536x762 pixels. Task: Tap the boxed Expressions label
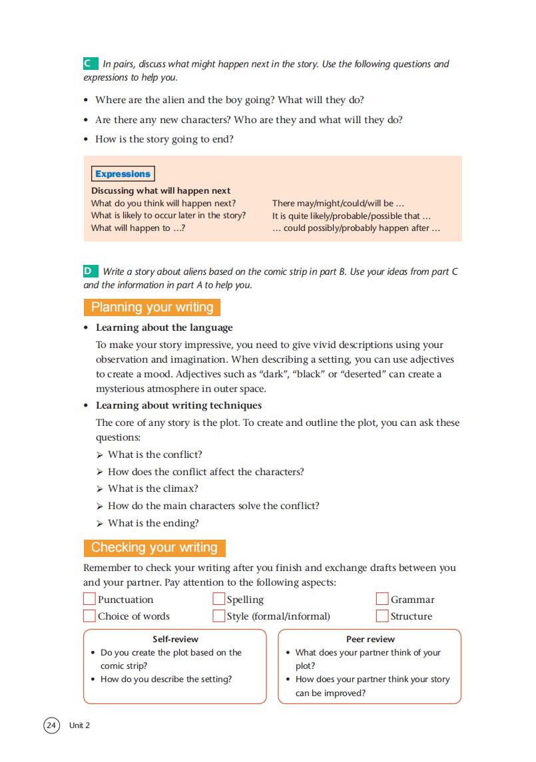[x=123, y=174]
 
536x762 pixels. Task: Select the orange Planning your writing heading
[x=152, y=307]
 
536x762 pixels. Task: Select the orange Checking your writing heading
[x=154, y=548]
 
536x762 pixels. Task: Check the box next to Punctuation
[x=89, y=599]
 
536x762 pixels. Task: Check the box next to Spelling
[x=218, y=599]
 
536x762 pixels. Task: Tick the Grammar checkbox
[x=382, y=599]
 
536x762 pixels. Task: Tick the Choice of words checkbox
[x=89, y=616]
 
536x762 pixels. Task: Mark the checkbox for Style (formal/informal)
[x=218, y=616]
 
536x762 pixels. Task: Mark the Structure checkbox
[x=382, y=616]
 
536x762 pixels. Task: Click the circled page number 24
[x=52, y=725]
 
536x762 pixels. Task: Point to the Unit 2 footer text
[x=79, y=725]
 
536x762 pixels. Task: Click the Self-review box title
[x=175, y=640]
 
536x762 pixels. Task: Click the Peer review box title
[x=370, y=640]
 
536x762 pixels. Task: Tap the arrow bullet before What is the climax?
[x=100, y=489]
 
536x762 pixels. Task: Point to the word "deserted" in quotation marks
[x=362, y=374]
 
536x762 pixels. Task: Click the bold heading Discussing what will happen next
[x=161, y=191]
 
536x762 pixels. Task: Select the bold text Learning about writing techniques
[x=178, y=405]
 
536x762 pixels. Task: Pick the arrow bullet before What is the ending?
[x=100, y=524]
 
